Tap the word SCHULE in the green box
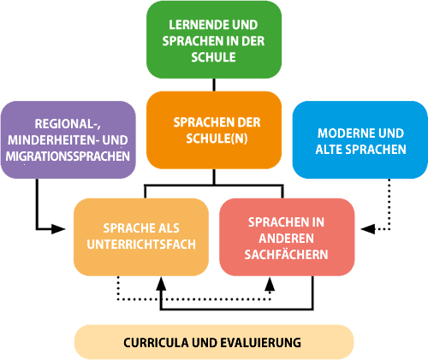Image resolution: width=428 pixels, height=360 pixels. click(x=213, y=57)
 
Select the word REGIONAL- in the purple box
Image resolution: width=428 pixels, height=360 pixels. click(x=68, y=124)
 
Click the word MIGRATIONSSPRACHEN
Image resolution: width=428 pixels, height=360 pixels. click(x=68, y=156)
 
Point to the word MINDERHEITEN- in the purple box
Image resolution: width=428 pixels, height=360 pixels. click(x=53, y=140)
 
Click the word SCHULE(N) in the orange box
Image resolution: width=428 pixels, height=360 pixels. click(x=217, y=139)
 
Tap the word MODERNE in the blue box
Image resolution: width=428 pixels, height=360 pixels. click(x=343, y=133)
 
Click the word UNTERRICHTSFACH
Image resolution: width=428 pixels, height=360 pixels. click(x=141, y=245)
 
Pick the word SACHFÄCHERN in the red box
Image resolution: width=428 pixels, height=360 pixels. click(x=286, y=254)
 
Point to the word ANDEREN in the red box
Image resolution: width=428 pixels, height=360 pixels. click(x=286, y=239)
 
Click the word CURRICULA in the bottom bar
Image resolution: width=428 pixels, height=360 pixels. click(x=156, y=342)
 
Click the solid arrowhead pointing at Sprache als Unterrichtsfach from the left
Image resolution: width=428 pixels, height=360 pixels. click(x=58, y=229)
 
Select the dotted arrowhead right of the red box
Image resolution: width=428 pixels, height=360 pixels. click(x=368, y=229)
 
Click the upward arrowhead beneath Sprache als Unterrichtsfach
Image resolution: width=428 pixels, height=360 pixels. click(x=161, y=284)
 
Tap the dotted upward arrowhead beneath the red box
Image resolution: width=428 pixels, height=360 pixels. click(x=270, y=284)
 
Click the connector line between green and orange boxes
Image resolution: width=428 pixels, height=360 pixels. click(x=214, y=85)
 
